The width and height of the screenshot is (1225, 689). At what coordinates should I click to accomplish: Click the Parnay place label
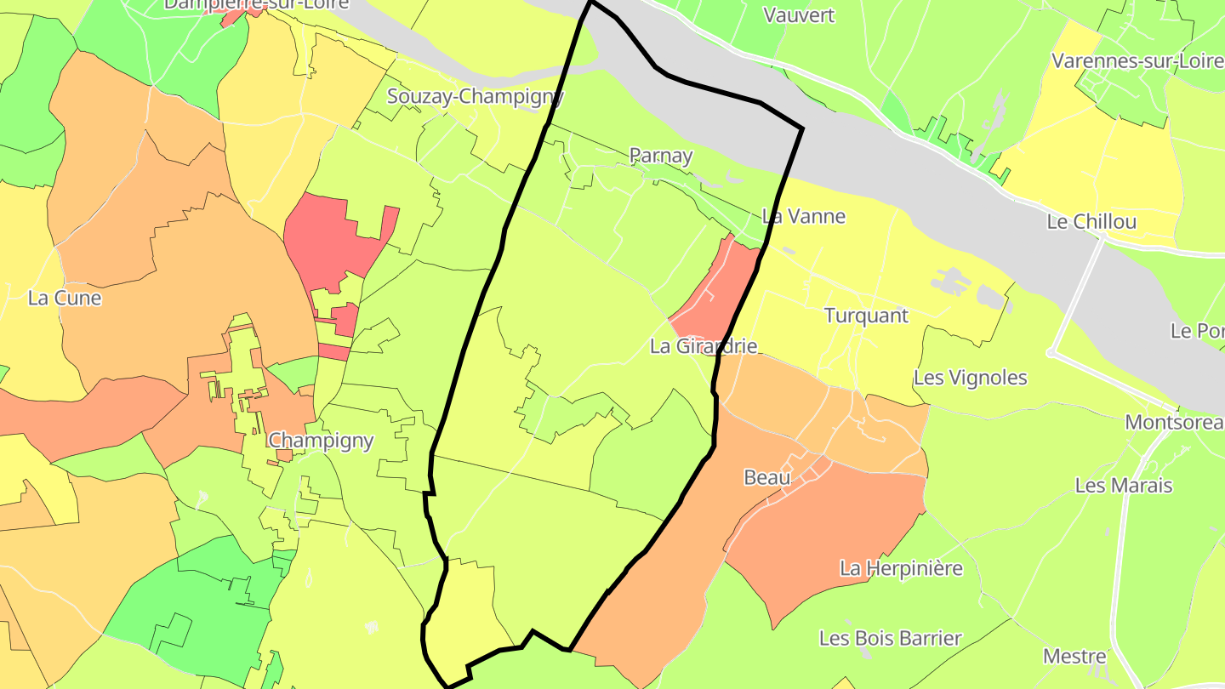[660, 156]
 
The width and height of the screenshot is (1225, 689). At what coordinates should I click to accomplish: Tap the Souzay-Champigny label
[475, 96]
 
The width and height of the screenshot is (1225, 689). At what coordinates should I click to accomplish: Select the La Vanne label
[804, 216]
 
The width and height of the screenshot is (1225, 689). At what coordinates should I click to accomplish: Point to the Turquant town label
[866, 316]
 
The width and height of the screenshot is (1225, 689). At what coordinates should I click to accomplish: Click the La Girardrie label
[703, 346]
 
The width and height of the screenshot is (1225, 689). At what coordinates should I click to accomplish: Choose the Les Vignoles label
[970, 378]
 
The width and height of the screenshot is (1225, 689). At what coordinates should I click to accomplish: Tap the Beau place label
[766, 478]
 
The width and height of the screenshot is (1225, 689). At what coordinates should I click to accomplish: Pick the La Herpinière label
[901, 568]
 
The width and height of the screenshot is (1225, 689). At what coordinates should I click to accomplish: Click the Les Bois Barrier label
[890, 638]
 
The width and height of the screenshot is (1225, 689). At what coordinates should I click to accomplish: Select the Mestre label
[1074, 657]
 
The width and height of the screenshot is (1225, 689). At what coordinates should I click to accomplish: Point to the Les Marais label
[1123, 486]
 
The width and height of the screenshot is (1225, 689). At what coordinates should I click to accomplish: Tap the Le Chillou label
[1091, 222]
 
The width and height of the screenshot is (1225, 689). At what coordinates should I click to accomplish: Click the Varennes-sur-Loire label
[1137, 61]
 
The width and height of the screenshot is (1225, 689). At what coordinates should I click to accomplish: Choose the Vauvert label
[799, 15]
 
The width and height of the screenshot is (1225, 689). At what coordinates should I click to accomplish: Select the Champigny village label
[321, 441]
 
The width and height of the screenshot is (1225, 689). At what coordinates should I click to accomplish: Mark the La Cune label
[65, 299]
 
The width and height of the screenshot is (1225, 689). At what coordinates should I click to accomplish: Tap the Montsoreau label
[1174, 422]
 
